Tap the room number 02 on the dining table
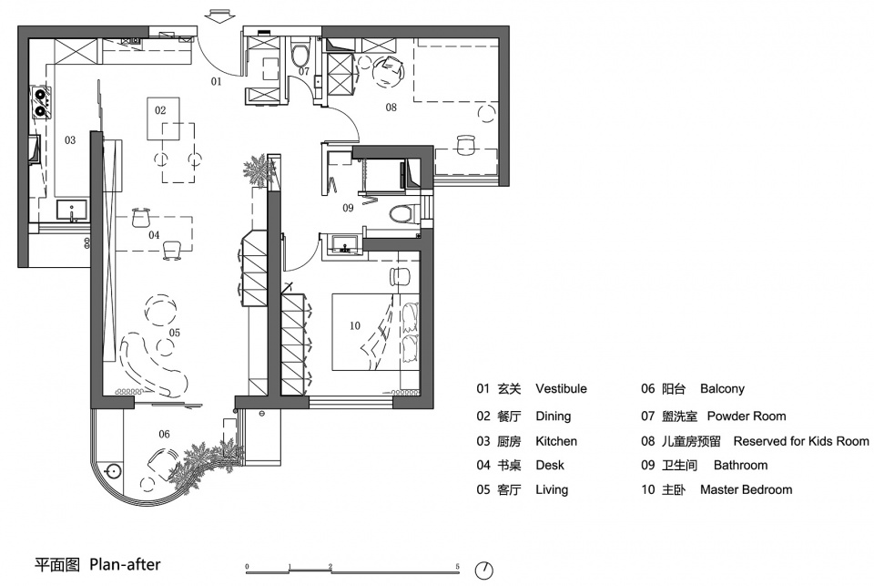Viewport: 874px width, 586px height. [x=160, y=110]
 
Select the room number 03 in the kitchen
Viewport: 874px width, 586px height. [x=69, y=141]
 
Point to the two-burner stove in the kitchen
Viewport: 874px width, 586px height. [x=40, y=102]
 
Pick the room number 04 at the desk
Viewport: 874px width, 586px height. [x=154, y=235]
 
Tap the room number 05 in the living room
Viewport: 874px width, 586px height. [x=175, y=334]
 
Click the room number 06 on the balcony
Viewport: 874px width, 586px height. [x=165, y=434]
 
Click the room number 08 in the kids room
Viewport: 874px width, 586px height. [x=391, y=108]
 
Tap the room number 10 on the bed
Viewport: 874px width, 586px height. [x=355, y=325]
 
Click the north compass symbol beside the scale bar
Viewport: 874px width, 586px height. [x=483, y=571]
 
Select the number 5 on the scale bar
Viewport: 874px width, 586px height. [x=457, y=566]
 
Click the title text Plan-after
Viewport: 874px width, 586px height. [x=125, y=564]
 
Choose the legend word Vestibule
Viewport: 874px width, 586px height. [x=561, y=388]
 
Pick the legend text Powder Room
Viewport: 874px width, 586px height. [x=746, y=416]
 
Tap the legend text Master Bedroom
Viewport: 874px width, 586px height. [x=746, y=489]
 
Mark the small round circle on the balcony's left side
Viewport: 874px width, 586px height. [x=113, y=471]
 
